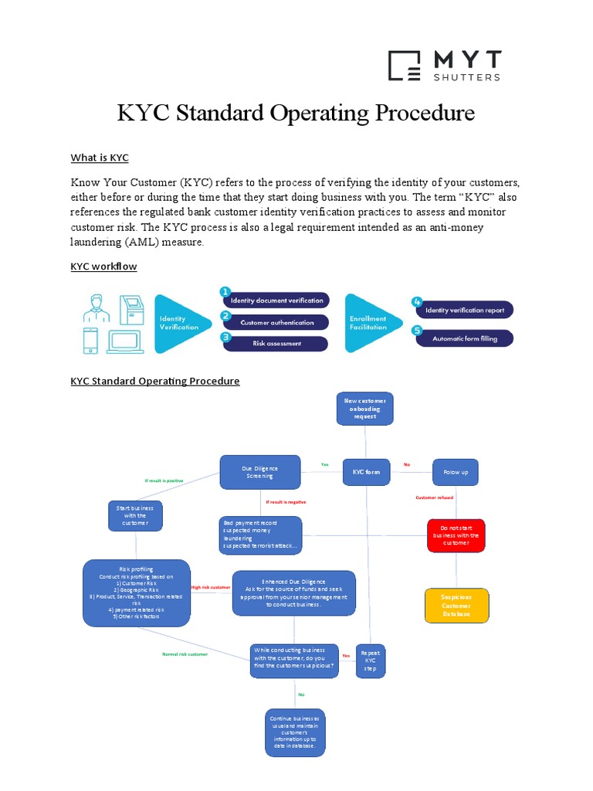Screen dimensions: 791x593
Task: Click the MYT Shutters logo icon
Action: [x=404, y=66]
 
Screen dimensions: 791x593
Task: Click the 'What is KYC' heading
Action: [x=100, y=158]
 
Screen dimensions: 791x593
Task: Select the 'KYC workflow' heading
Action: [x=103, y=266]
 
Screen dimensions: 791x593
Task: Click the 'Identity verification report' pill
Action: [x=464, y=311]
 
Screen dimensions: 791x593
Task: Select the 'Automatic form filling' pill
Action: [x=464, y=338]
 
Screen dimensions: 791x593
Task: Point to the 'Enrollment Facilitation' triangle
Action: [x=371, y=322]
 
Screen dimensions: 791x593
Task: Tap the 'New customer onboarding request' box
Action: [x=365, y=408]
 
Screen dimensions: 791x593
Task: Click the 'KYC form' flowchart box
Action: [x=366, y=471]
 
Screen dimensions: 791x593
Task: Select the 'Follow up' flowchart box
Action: [x=456, y=471]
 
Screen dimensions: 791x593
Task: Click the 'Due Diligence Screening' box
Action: [x=259, y=471]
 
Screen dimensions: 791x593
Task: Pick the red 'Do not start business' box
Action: [x=456, y=535]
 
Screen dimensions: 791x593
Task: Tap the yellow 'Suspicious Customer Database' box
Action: [x=456, y=605]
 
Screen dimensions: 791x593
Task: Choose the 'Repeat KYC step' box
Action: [x=370, y=660]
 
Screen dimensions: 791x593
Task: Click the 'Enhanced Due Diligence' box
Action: [x=293, y=592]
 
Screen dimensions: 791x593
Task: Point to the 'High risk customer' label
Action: [x=210, y=587]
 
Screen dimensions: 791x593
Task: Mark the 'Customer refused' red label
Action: [x=435, y=497]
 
